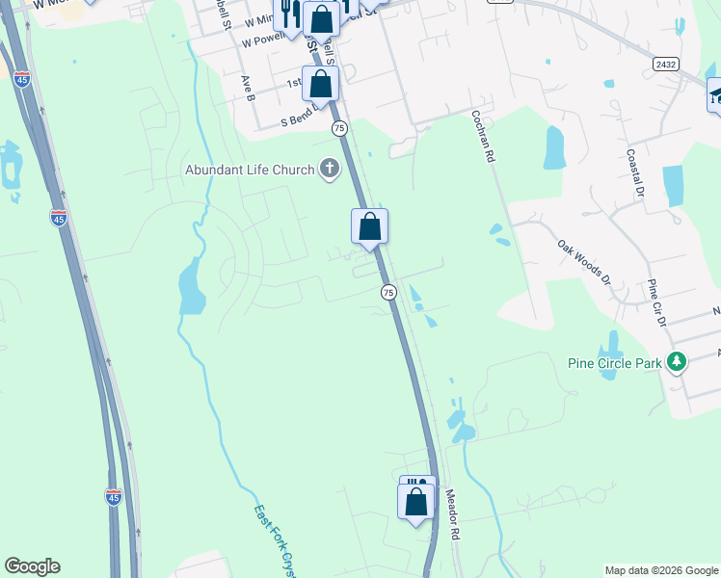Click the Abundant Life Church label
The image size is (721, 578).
pyautogui.click(x=251, y=171)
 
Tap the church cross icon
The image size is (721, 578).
pyautogui.click(x=330, y=170)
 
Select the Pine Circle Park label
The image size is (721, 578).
pyautogui.click(x=614, y=363)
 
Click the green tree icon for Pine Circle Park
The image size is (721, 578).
pyautogui.click(x=678, y=362)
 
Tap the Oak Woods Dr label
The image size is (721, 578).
pyautogui.click(x=584, y=262)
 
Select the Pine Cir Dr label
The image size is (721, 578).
pyautogui.click(x=656, y=302)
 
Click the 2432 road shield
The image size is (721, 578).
pyautogui.click(x=665, y=64)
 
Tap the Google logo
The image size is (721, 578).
pyautogui.click(x=32, y=566)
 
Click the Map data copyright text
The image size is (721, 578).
pyautogui.click(x=660, y=570)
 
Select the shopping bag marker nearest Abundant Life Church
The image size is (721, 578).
pyautogui.click(x=369, y=228)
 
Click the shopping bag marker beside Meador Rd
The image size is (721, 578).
pyautogui.click(x=416, y=502)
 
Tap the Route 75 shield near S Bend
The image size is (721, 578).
pyautogui.click(x=338, y=128)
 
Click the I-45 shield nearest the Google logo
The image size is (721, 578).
pyautogui.click(x=114, y=496)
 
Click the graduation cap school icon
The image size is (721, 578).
pyautogui.click(x=715, y=93)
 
